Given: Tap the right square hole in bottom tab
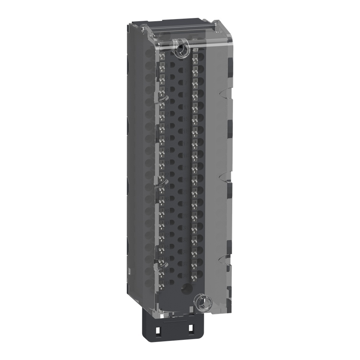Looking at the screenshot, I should (x=190, y=329).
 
